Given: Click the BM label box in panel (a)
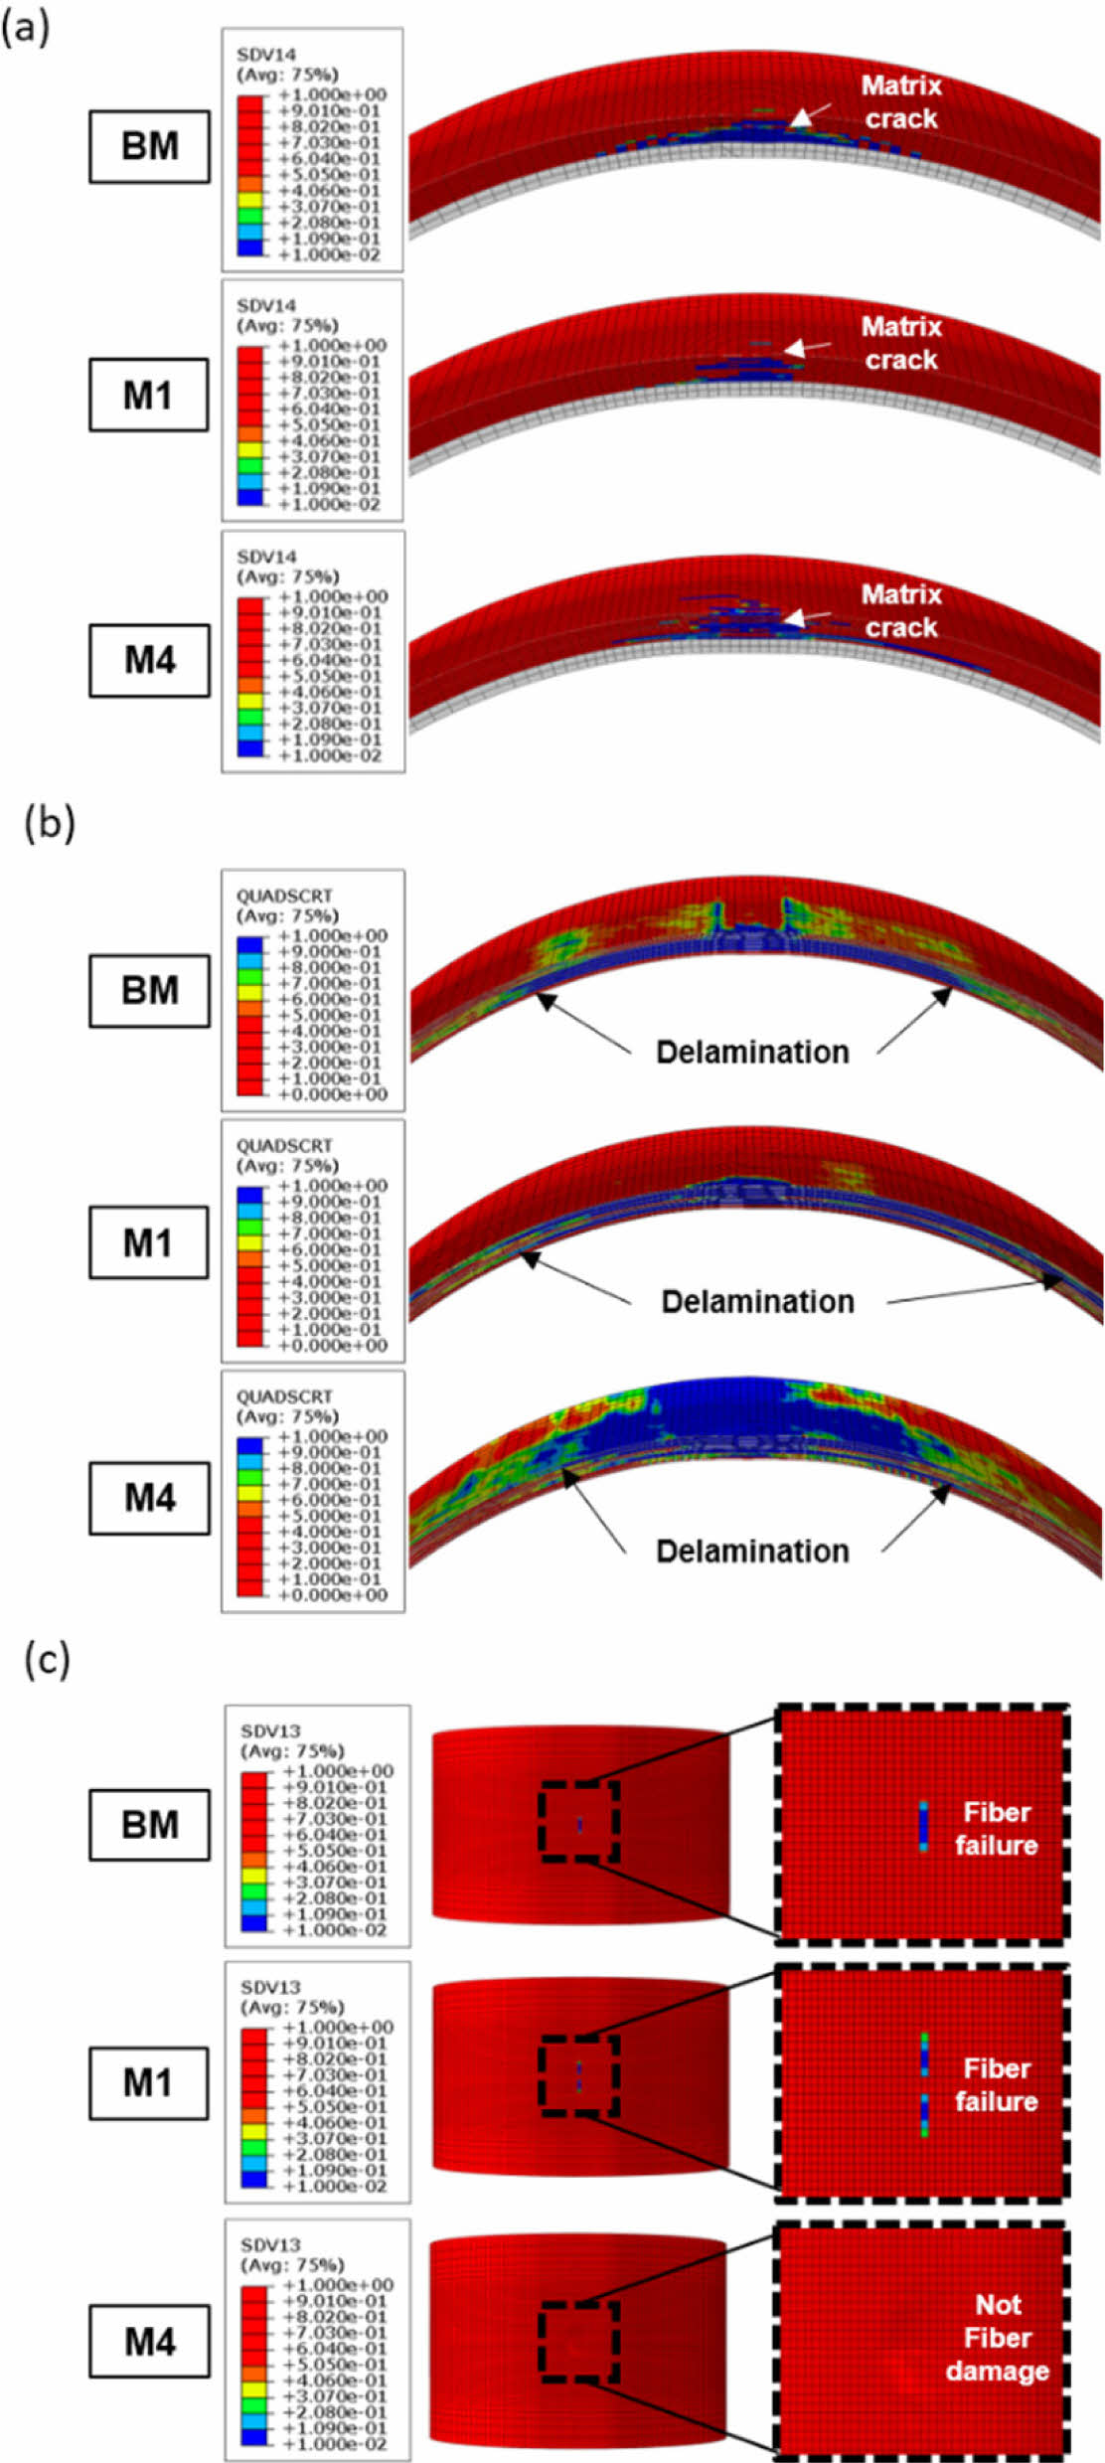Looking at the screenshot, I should click(x=149, y=146).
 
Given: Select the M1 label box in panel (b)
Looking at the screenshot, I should click(x=148, y=1242).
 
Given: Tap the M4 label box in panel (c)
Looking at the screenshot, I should click(x=149, y=2341).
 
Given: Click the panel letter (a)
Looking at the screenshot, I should click(x=25, y=27).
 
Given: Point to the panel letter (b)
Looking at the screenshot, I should click(x=49, y=824).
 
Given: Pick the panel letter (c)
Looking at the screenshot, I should click(x=47, y=1659).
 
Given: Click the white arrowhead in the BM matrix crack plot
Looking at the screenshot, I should click(x=800, y=119).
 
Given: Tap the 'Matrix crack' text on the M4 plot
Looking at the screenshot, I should click(x=900, y=610).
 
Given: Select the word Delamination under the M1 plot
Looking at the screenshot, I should click(x=757, y=1301).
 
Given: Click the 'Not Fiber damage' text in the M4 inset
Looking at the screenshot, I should click(x=997, y=2337).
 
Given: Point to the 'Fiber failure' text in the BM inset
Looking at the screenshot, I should click(x=996, y=1828).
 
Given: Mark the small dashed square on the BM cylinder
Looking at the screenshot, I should click(x=579, y=1823).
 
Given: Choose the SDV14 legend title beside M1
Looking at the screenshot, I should click(x=265, y=305).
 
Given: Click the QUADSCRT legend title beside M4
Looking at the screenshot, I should click(x=284, y=1396).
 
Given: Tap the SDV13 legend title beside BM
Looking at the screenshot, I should click(x=270, y=1730).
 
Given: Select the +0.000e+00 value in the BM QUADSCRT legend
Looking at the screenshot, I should click(x=333, y=1094).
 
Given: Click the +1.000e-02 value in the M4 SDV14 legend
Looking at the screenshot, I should click(x=331, y=755).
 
